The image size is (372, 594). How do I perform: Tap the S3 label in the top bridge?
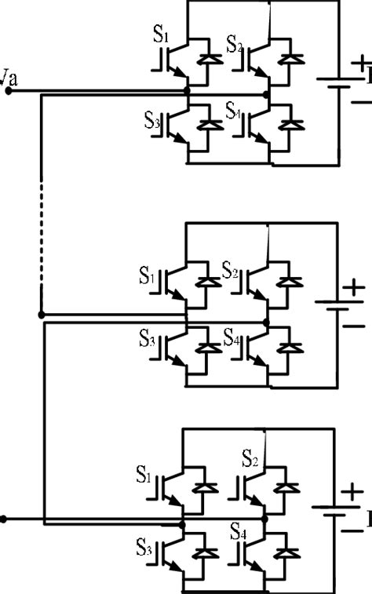tap(152, 122)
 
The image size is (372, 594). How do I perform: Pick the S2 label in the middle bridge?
tap(231, 271)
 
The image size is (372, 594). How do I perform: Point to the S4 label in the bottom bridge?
tap(239, 531)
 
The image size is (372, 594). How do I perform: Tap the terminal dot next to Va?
tap(9, 91)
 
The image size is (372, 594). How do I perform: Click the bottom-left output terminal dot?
tap(5, 519)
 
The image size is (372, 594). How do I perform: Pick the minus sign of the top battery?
tap(358, 102)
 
